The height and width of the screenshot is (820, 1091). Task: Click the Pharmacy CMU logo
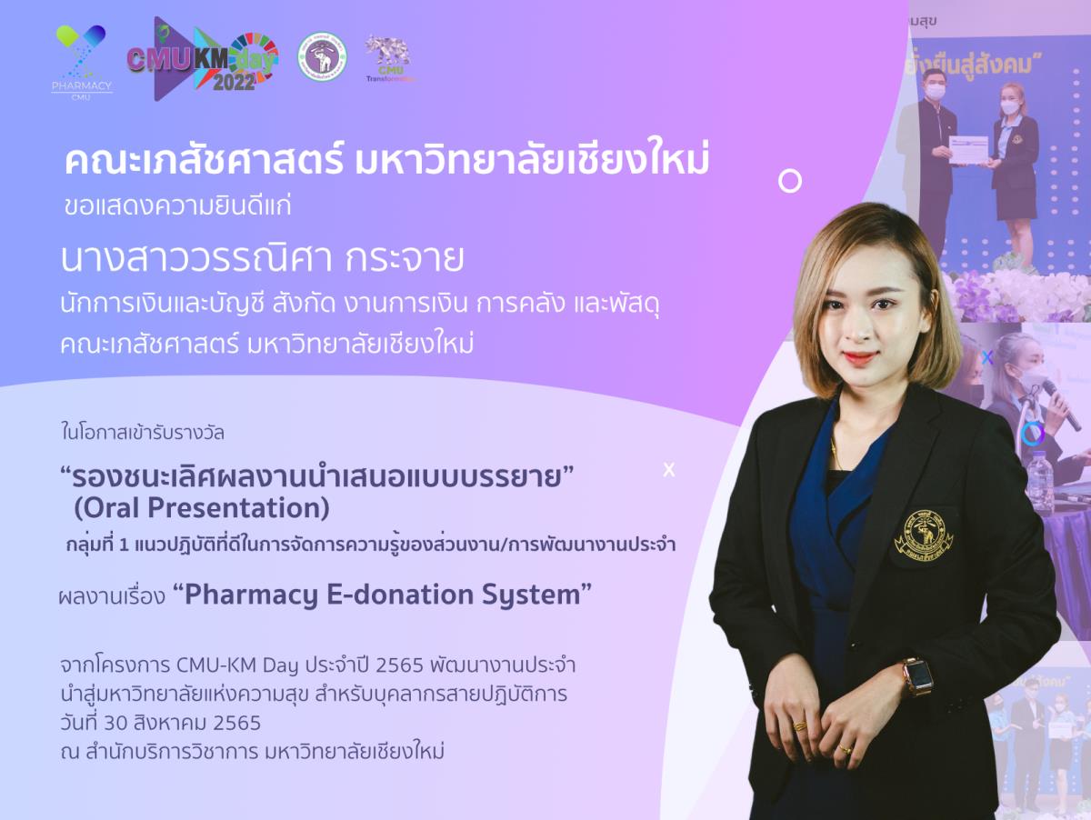pos(82,62)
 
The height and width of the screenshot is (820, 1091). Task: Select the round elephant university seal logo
pos(322,56)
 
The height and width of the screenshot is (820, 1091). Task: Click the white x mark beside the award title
pos(669,470)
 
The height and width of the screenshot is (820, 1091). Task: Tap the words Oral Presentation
pos(202,508)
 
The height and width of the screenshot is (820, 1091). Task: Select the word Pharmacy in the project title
pos(251,595)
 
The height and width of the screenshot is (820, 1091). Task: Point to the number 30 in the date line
pos(115,723)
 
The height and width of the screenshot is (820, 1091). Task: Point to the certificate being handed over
pos(967,148)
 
